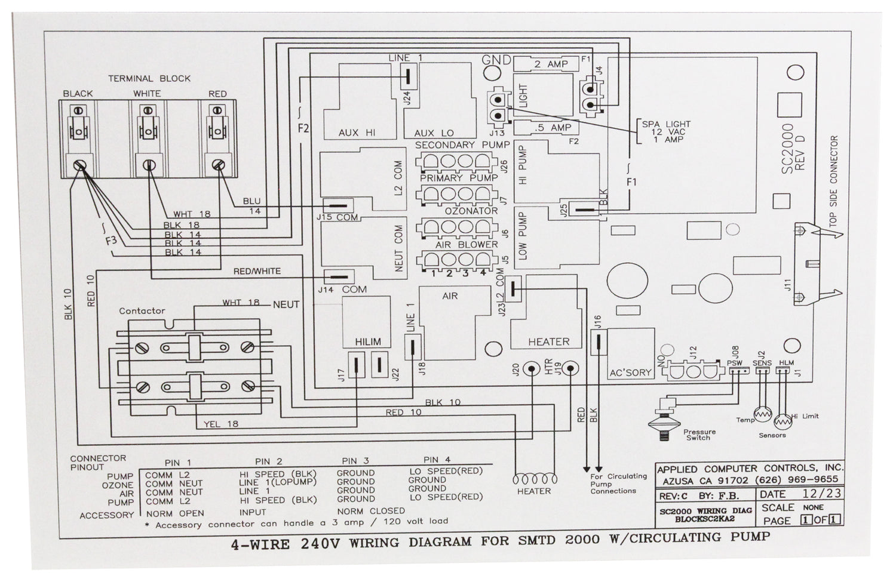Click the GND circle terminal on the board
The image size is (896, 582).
pyautogui.click(x=492, y=73)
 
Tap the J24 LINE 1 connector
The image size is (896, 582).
pyautogui.click(x=408, y=76)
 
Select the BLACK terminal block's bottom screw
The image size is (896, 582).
pyautogui.click(x=79, y=165)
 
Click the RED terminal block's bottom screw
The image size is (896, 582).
pyautogui.click(x=219, y=165)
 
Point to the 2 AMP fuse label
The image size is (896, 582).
pyautogui.click(x=551, y=64)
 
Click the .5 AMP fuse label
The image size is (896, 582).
pyautogui.click(x=553, y=128)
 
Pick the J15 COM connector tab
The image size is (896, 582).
pyautogui.click(x=338, y=206)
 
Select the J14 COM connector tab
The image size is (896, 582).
pyautogui.click(x=339, y=276)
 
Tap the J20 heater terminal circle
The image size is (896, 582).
pyautogui.click(x=532, y=369)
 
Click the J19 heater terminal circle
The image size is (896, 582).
pyautogui.click(x=570, y=368)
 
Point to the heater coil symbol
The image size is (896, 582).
pyautogui.click(x=535, y=479)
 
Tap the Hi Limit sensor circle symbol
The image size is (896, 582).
pyautogui.click(x=783, y=421)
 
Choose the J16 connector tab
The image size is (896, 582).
pyautogui.click(x=599, y=342)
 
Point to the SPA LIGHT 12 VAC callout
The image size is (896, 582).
pyautogui.click(x=666, y=132)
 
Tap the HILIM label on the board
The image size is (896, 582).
pyautogui.click(x=367, y=342)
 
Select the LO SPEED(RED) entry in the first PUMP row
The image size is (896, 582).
pyautogui.click(x=446, y=472)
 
